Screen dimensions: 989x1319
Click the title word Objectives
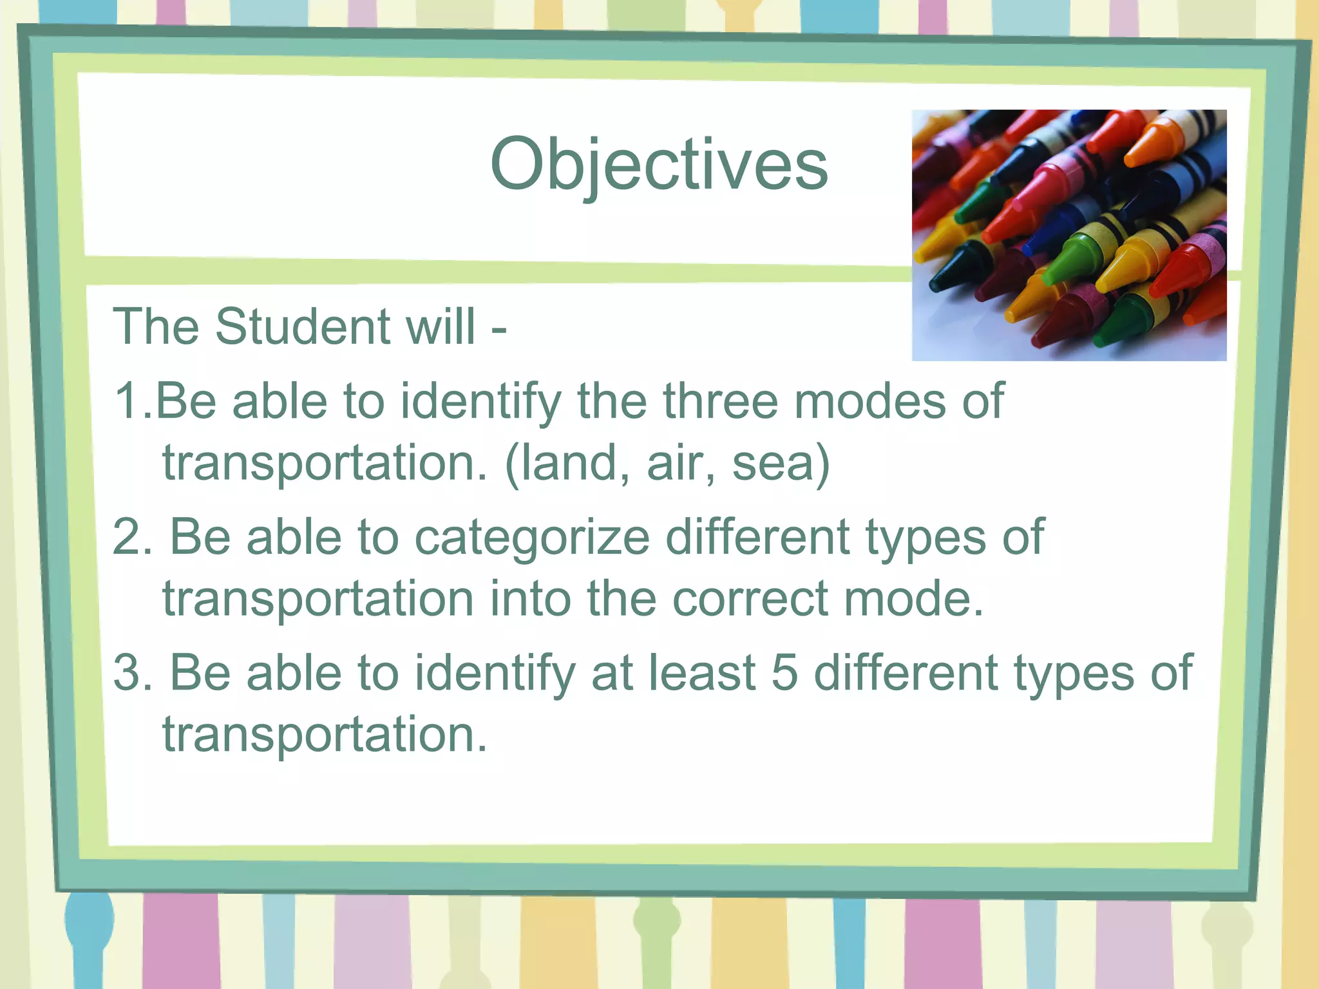[x=658, y=165]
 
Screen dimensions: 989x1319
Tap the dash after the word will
[x=498, y=328]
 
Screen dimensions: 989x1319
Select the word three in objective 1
[x=721, y=401]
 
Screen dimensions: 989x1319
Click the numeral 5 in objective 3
[x=784, y=673]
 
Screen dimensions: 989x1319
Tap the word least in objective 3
[x=702, y=673]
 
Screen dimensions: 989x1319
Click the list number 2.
[x=132, y=537]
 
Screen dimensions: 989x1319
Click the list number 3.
[x=132, y=673]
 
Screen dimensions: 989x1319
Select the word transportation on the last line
[x=324, y=735]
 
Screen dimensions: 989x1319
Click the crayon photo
[x=1068, y=235]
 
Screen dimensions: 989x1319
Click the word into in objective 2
[x=529, y=599]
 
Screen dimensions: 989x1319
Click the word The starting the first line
[x=156, y=326]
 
